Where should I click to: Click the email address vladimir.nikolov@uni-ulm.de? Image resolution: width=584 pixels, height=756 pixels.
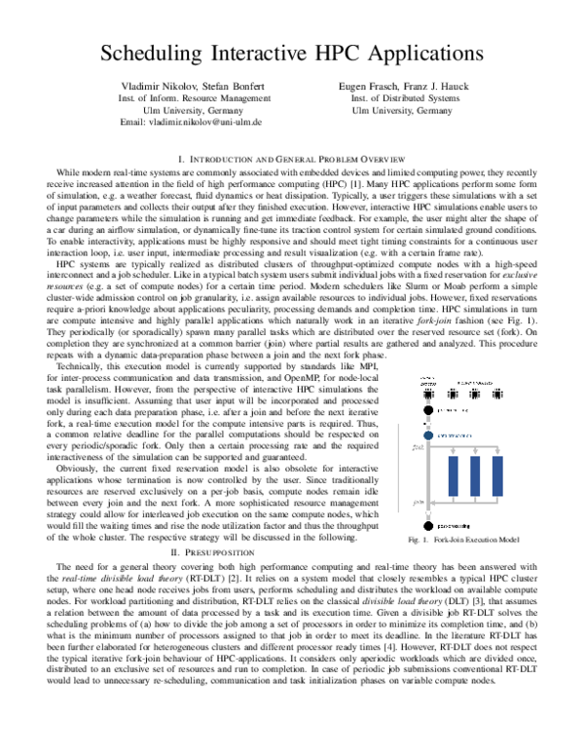(189, 123)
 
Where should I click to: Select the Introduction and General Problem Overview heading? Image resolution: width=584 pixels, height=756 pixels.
(292, 157)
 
